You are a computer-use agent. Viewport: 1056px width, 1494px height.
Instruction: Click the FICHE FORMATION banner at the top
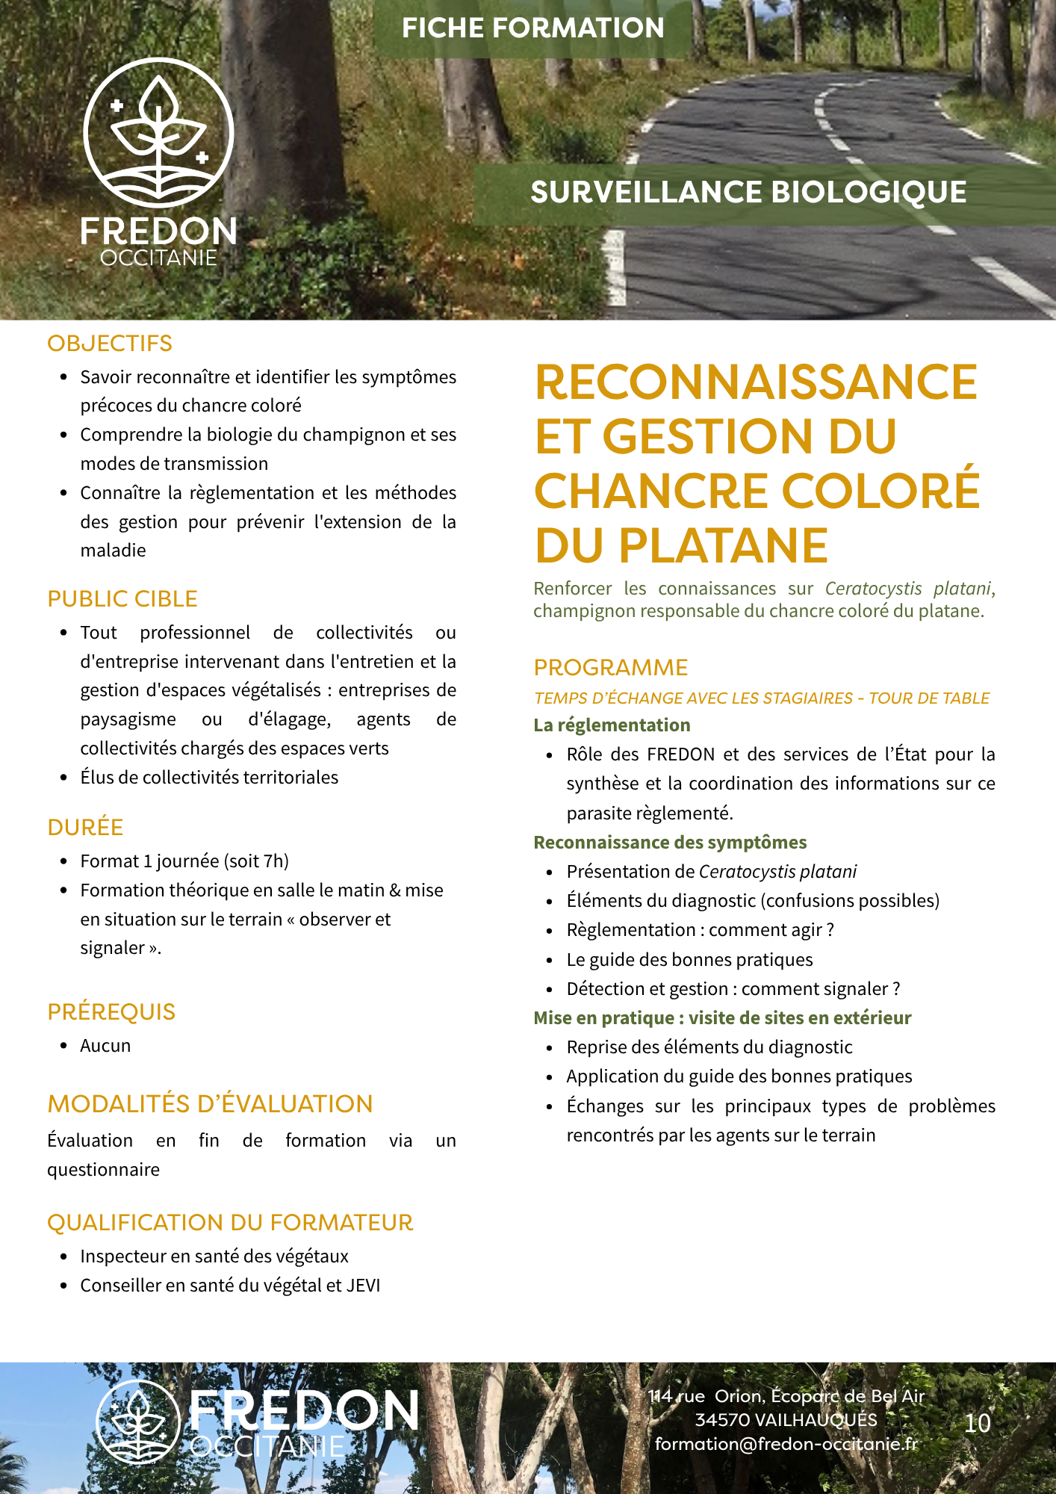(532, 28)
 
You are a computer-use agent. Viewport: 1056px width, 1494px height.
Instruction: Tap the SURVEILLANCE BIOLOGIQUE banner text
(748, 193)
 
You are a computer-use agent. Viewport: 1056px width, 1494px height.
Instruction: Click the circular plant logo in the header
(158, 132)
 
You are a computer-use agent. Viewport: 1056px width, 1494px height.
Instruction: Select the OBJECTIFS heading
(110, 344)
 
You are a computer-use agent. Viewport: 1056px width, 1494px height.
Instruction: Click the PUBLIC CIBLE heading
(122, 599)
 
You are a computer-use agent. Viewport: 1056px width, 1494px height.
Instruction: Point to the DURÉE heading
(85, 828)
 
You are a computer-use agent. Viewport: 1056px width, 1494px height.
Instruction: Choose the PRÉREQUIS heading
(111, 1012)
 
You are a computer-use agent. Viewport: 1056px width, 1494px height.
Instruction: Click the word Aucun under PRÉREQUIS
(105, 1046)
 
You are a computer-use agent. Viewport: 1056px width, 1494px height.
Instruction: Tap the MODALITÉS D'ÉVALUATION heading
(210, 1104)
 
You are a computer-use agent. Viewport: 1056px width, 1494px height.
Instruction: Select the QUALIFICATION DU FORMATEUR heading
(230, 1223)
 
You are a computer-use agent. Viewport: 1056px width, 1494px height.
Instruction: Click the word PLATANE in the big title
(723, 545)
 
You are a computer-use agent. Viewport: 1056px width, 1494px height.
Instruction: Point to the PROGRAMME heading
(611, 668)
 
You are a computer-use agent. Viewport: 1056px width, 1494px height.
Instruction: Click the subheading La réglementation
(612, 725)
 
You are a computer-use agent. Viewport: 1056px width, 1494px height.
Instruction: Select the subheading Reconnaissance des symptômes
(670, 843)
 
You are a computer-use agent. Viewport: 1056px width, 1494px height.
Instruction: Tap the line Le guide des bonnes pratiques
(689, 960)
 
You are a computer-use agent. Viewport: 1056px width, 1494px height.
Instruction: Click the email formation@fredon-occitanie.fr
(786, 1444)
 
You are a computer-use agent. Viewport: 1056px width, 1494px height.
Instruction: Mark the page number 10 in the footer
(977, 1424)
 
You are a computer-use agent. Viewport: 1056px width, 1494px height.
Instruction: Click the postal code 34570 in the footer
(722, 1420)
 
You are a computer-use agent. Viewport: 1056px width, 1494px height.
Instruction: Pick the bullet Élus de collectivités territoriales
(209, 778)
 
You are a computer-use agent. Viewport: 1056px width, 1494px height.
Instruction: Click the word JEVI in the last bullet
(363, 1286)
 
